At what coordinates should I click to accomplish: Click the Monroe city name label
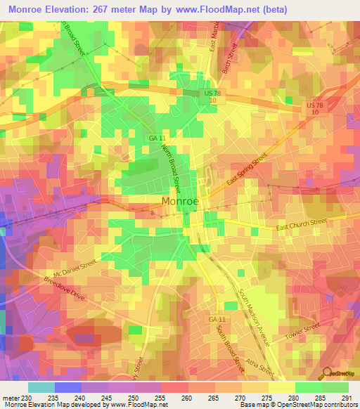(x=180, y=201)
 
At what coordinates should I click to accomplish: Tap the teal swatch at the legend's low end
(x=41, y=387)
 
